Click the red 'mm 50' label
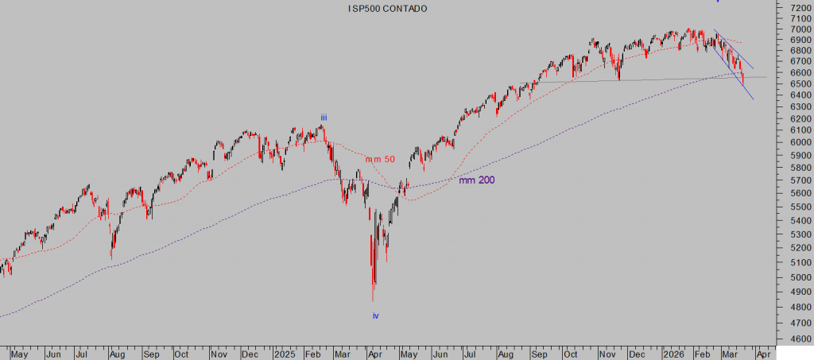click(x=380, y=160)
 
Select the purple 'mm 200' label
click(x=476, y=180)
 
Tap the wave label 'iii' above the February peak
click(x=324, y=118)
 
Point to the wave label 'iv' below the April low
click(x=376, y=315)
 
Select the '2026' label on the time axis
click(x=673, y=353)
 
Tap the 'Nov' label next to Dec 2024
click(x=220, y=353)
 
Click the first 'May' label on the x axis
click(x=19, y=353)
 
